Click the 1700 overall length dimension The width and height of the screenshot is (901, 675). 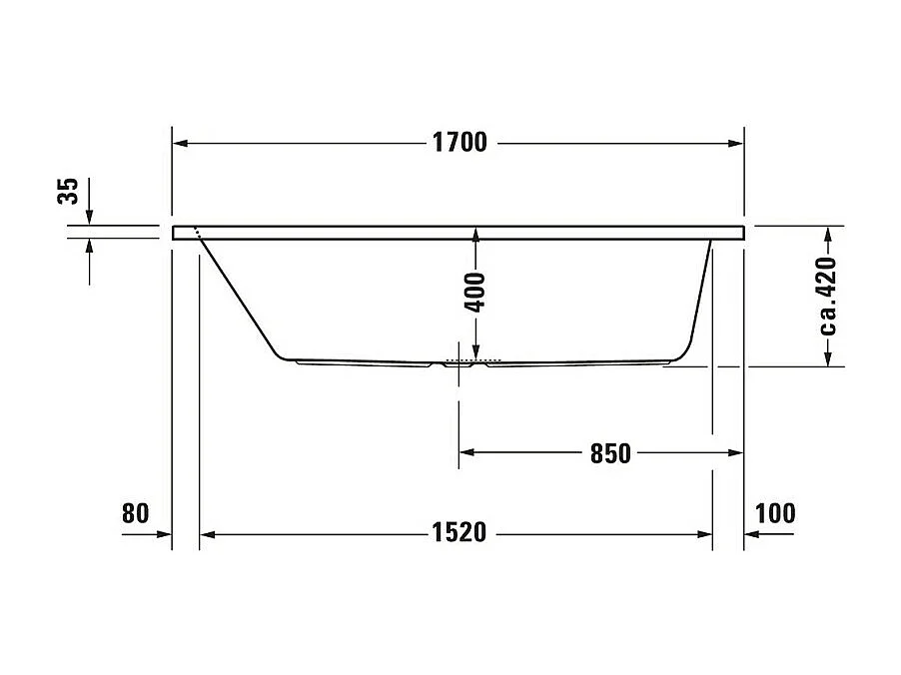tap(458, 143)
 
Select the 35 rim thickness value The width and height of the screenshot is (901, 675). tap(68, 192)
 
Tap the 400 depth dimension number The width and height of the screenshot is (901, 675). tap(476, 292)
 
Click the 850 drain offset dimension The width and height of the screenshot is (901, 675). tap(609, 453)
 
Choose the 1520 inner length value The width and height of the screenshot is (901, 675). tap(458, 533)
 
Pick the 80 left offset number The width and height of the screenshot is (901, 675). tap(135, 513)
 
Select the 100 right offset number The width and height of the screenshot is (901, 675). tap(775, 513)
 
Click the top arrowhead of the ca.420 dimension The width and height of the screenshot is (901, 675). tap(828, 234)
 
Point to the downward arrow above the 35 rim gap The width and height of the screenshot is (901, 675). tap(90, 216)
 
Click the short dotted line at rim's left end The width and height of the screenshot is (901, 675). tap(200, 234)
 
